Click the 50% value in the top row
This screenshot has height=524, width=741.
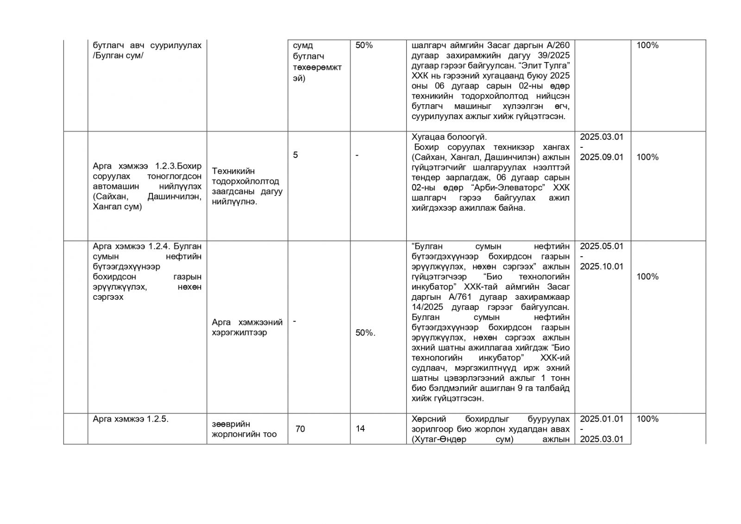pyautogui.click(x=364, y=45)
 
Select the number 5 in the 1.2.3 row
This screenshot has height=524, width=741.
pyautogui.click(x=295, y=155)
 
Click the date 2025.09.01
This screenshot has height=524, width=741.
pyautogui.click(x=602, y=157)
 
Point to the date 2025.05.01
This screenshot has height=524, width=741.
pyautogui.click(x=602, y=246)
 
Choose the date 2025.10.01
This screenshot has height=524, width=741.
pyautogui.click(x=602, y=266)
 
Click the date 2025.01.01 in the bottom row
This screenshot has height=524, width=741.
pyautogui.click(x=602, y=419)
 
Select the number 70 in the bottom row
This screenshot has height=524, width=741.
pyautogui.click(x=300, y=429)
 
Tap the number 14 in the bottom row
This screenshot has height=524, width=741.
pyautogui.click(x=360, y=429)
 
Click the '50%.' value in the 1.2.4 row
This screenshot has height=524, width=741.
pyautogui.click(x=365, y=333)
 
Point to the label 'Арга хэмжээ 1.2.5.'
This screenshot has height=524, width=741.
pyautogui.click(x=130, y=419)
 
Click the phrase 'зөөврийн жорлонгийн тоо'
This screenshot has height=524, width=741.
pyautogui.click(x=244, y=429)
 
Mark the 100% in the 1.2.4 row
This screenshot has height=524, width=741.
pyautogui.click(x=647, y=277)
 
